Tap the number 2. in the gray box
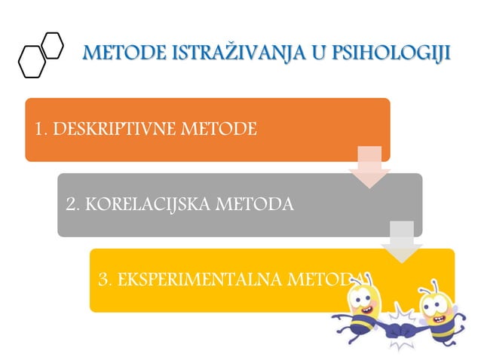pyautogui.click(x=73, y=204)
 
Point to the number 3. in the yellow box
pyautogui.click(x=106, y=279)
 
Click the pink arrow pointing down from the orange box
pyautogui.click(x=369, y=167)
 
